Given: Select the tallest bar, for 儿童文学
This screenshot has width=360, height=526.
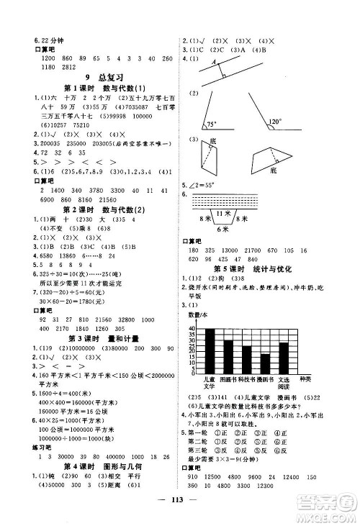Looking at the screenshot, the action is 211,350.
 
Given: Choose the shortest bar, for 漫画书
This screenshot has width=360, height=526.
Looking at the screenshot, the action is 265,363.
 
